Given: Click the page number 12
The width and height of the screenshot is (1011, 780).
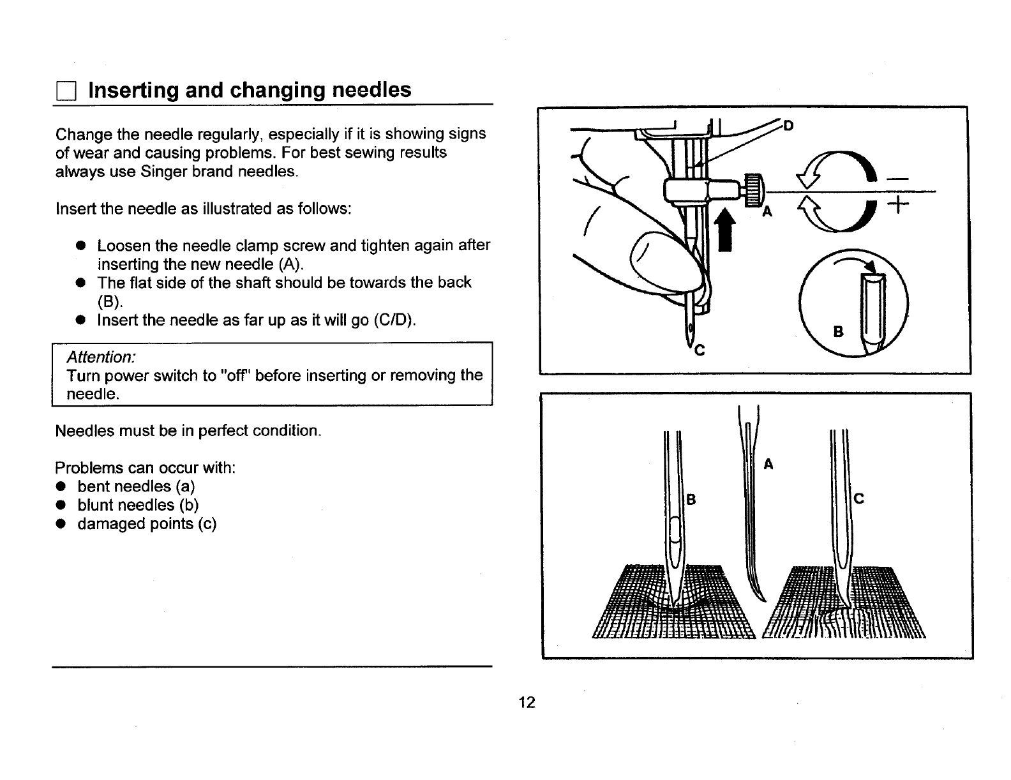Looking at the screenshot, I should pyautogui.click(x=527, y=703).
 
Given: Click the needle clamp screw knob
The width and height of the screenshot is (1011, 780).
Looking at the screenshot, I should pyautogui.click(x=754, y=189).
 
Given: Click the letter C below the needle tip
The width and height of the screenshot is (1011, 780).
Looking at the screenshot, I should pyautogui.click(x=700, y=350).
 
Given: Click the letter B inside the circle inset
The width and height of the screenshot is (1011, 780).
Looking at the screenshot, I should pyautogui.click(x=839, y=332).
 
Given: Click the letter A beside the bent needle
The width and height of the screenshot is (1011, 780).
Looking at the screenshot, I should pyautogui.click(x=768, y=465).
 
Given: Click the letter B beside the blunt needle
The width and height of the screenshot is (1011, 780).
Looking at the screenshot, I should pyautogui.click(x=690, y=500).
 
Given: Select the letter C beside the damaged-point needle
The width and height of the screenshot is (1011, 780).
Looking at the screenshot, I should pyautogui.click(x=858, y=499).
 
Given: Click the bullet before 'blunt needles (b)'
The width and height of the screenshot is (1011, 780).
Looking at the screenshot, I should pyautogui.click(x=61, y=505).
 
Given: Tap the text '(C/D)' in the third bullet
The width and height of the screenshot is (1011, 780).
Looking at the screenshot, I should pyautogui.click(x=395, y=320).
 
